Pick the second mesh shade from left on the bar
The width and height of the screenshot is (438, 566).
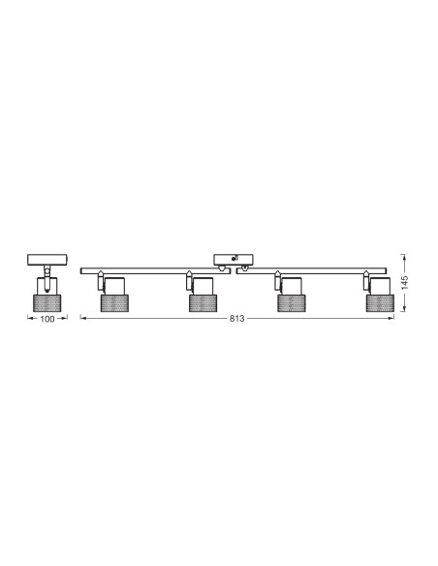pos(203,302)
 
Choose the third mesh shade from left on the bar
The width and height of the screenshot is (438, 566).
pos(292,302)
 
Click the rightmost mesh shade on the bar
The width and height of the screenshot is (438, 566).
pos(379,302)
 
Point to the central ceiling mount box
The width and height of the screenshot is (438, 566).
pos(233,260)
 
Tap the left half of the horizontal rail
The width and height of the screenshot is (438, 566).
pos(155,269)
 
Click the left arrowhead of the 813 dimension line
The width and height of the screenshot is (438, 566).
pos(82,320)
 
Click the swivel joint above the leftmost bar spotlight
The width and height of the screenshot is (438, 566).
pos(101,282)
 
